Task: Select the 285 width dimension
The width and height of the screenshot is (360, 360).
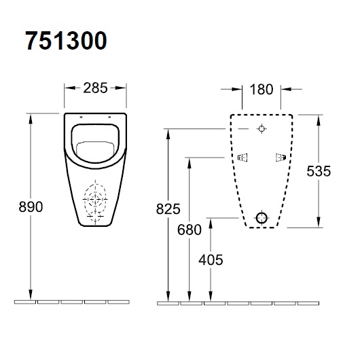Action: coord(95,87)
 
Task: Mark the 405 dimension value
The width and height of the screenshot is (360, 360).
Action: coord(212,259)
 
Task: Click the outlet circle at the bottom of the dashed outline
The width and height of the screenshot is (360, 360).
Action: coord(262,217)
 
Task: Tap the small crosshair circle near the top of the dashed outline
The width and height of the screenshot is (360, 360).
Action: coord(262,128)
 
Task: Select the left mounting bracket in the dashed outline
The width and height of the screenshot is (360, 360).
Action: coord(242,158)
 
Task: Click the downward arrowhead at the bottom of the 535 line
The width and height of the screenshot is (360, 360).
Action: coord(318,224)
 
